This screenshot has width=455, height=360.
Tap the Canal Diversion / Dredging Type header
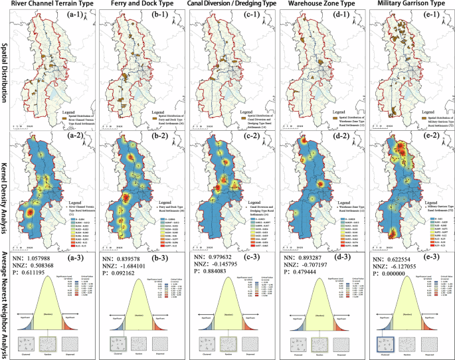230,5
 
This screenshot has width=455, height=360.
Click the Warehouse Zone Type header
319,5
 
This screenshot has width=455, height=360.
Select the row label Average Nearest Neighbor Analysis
5,292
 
